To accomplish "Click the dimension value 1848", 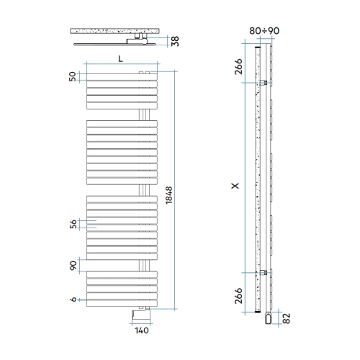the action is pos(169,195).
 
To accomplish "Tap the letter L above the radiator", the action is pos(120,58).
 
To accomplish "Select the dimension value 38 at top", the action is pos(176,41).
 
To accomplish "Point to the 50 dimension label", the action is pos(72,76).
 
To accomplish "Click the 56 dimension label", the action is pos(73,224).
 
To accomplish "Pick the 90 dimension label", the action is pos(73,266).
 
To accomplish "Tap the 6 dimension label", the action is pos(73,300).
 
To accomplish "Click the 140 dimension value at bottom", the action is pos(142,330).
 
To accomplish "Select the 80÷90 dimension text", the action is pos(264,31).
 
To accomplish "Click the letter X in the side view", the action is pos(235,186).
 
